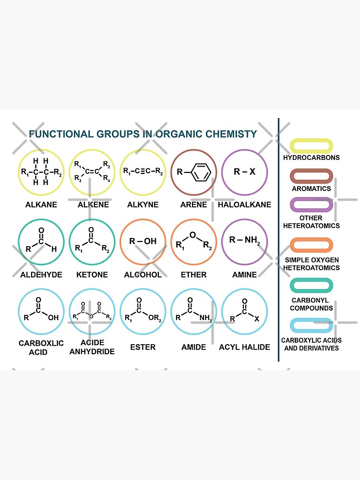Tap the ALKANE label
click(x=41, y=204)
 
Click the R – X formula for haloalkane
click(x=244, y=171)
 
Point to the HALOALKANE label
click(x=244, y=204)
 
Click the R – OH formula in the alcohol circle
click(x=143, y=241)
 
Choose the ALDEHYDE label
click(x=41, y=275)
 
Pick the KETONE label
click(x=92, y=275)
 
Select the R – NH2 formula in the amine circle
click(x=244, y=240)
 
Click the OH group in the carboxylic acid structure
click(x=53, y=317)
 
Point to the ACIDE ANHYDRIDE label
click(x=92, y=347)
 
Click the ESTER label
click(x=143, y=347)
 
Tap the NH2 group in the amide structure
click(x=206, y=318)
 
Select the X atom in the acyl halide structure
click(x=257, y=318)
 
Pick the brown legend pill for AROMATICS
click(x=311, y=176)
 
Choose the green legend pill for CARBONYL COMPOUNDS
click(x=311, y=286)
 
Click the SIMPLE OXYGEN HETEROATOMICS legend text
click(x=311, y=264)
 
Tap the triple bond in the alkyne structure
click(x=143, y=171)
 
